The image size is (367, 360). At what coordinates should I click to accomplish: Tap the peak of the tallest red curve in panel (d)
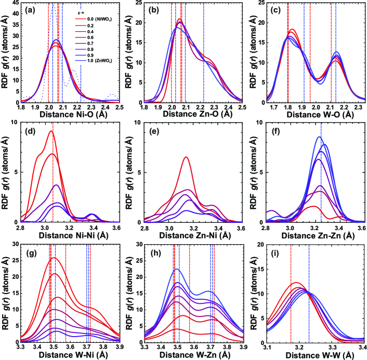50,131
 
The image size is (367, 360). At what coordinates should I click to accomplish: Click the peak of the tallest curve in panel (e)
186,157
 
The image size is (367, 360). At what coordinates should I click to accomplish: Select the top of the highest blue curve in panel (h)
177,269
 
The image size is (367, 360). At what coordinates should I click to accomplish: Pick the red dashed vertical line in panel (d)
53,177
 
